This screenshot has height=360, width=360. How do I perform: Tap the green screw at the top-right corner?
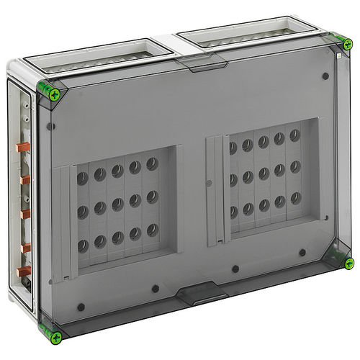[348, 44]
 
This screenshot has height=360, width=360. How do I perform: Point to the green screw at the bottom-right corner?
[348, 263]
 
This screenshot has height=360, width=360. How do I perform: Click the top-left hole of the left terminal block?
[83, 176]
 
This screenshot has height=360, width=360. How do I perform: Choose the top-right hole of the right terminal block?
[294, 135]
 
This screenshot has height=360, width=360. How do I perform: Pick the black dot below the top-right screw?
[325, 75]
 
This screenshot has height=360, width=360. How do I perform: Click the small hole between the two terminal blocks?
[209, 183]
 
